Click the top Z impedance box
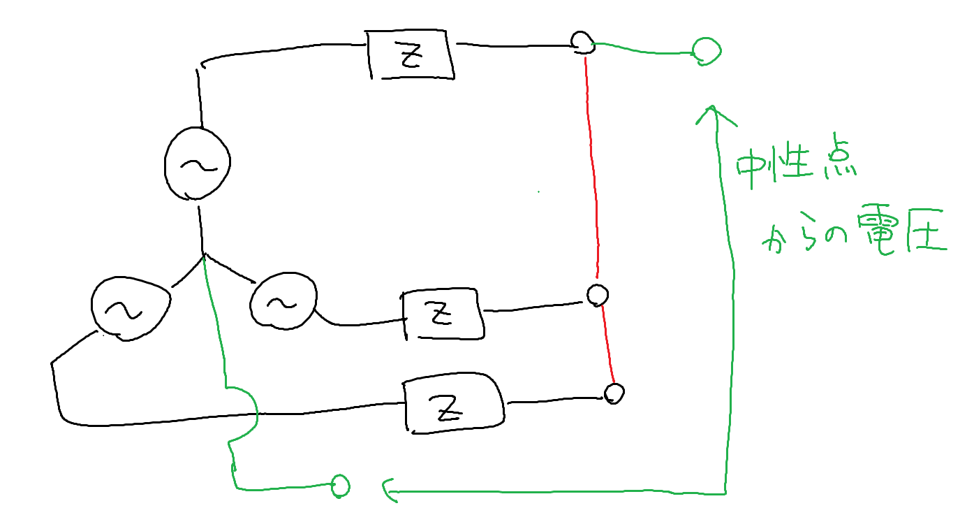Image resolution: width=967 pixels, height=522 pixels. pos(411,55)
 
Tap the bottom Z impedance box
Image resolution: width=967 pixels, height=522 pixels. pos(452,406)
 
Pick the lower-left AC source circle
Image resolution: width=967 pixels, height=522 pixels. pos(129,308)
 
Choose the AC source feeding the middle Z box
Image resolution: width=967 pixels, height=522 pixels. pos(282,302)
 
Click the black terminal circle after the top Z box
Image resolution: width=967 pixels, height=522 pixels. pos(581,41)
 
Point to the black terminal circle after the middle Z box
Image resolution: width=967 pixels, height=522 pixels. pos(597,295)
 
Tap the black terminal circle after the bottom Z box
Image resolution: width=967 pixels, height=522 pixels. pos(614,393)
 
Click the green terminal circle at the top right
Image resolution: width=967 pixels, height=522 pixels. pos(706,50)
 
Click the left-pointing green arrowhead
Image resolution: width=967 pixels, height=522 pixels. pos(388,491)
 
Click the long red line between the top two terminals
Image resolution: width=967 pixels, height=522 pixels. pos(592,168)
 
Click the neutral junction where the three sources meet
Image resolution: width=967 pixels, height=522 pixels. pos(203,253)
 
